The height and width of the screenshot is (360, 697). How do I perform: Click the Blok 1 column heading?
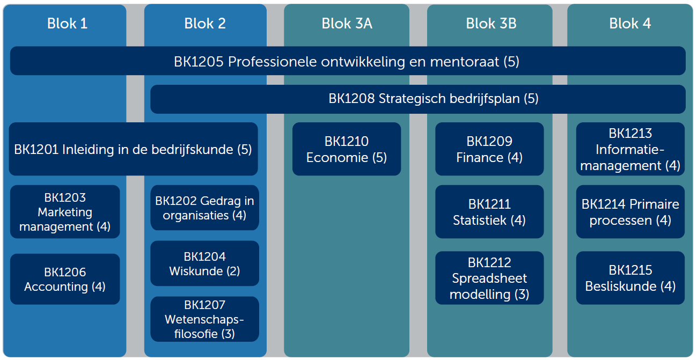67,24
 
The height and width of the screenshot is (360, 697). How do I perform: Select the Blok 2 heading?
205,24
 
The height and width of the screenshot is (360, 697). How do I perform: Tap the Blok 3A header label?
347,24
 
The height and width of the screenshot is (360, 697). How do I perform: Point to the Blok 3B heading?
491,24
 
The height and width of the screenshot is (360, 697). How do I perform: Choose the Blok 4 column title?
630,24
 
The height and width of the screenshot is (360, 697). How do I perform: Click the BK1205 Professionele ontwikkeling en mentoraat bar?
348,61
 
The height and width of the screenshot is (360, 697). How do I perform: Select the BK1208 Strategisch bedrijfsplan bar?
418,99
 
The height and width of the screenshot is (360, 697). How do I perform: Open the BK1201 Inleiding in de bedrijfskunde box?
133,149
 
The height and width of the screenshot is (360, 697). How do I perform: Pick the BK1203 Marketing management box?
65,212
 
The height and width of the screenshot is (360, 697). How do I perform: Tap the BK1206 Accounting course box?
65,279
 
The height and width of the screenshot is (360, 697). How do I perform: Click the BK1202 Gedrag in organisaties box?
204,208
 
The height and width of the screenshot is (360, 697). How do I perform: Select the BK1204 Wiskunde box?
204,263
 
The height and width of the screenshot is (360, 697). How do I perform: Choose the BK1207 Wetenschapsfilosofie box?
204,319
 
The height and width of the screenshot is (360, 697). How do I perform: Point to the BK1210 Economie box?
346,149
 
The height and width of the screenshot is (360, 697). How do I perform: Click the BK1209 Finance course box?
489,149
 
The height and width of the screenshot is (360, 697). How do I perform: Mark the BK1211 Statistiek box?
489,212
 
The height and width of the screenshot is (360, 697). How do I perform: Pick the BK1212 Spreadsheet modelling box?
489,278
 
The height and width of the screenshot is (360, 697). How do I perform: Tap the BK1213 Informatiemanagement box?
630,149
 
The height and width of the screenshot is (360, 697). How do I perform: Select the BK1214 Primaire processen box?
630,212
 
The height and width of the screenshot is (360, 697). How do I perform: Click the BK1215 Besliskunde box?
630,278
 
